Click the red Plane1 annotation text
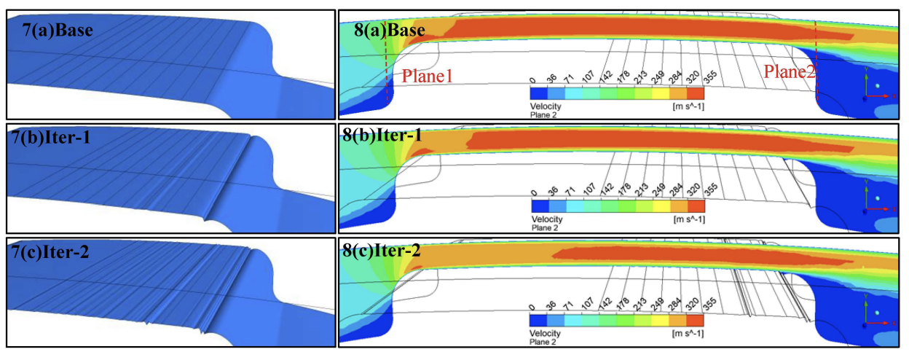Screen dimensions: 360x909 (x=423, y=74)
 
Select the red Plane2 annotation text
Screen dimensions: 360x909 (x=790, y=71)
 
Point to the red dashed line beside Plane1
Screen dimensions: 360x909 (x=387, y=80)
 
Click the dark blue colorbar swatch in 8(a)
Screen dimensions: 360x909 (x=540, y=93)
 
